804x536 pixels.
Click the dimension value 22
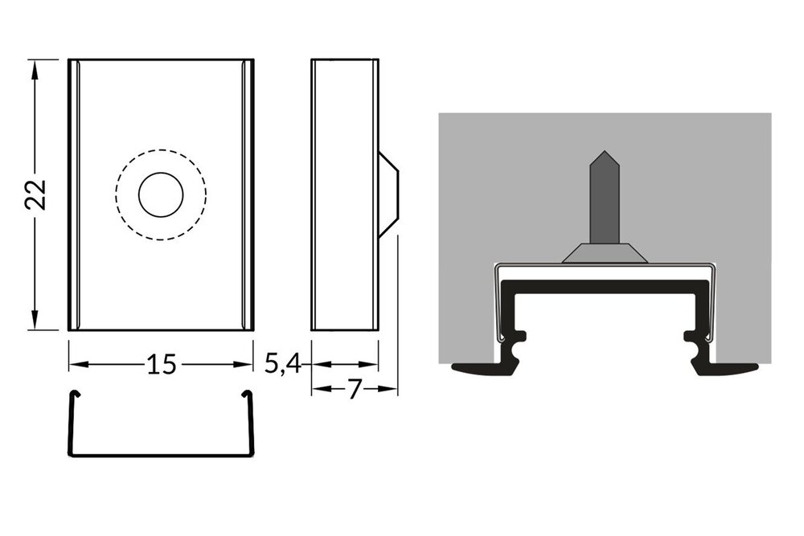[35, 194]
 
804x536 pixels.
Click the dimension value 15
[161, 365]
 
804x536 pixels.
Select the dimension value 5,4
[282, 365]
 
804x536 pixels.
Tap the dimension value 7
[355, 390]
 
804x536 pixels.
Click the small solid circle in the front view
[161, 194]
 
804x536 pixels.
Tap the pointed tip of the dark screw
[604, 153]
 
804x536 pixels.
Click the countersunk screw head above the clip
[605, 254]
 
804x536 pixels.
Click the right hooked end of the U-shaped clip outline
[247, 393]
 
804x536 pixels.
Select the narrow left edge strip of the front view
[74, 194]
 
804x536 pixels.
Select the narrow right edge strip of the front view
[248, 194]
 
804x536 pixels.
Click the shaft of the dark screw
[604, 205]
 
